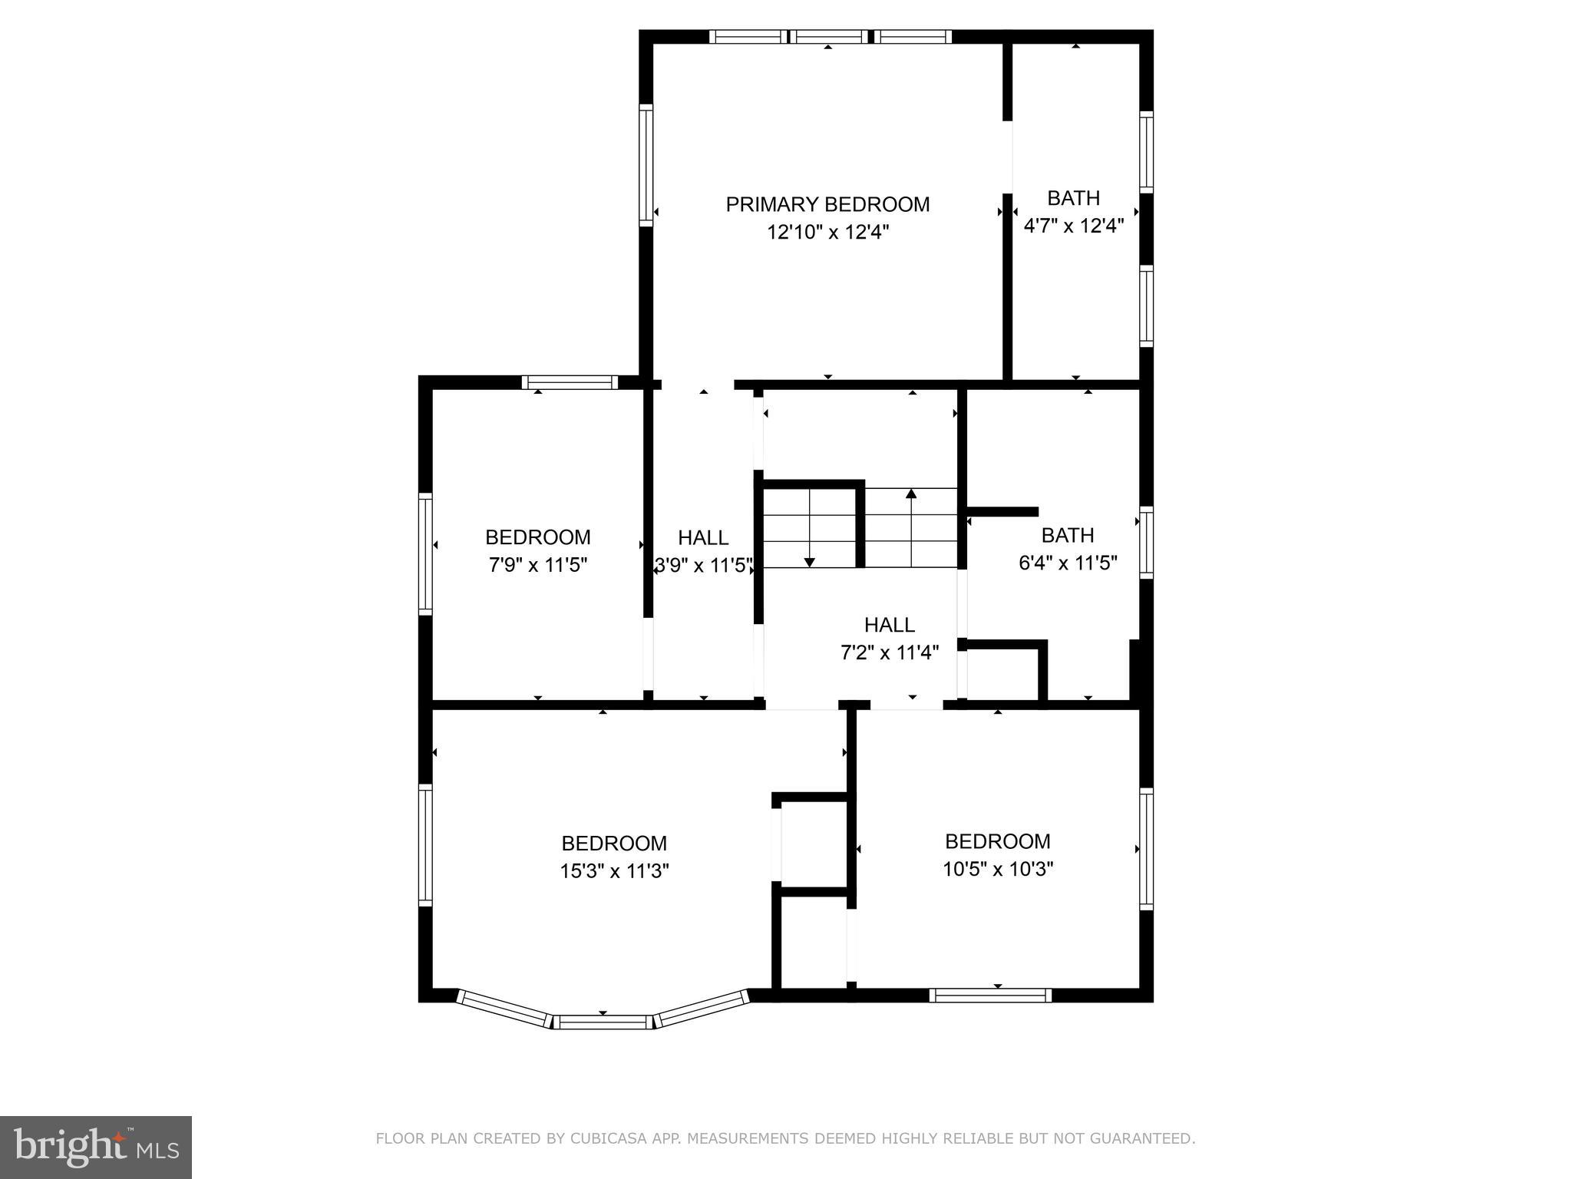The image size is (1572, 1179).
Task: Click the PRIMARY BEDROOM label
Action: click(x=827, y=204)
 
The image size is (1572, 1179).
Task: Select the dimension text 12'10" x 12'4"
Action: click(x=827, y=232)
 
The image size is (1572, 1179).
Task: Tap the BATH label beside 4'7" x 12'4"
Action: click(x=1073, y=198)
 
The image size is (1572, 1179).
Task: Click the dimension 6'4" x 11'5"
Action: click(x=1067, y=563)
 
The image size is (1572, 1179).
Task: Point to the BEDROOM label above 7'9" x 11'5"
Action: click(x=537, y=537)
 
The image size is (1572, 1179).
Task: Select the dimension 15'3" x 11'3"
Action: click(x=614, y=870)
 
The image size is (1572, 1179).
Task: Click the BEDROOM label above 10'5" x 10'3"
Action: click(x=997, y=841)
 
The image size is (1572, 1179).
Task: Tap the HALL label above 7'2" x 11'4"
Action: click(x=889, y=624)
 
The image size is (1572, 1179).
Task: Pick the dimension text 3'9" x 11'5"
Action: click(x=703, y=566)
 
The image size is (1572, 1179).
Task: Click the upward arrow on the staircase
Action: click(x=911, y=494)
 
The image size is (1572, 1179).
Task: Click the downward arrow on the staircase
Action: click(x=809, y=562)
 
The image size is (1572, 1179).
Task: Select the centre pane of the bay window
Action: click(x=603, y=1022)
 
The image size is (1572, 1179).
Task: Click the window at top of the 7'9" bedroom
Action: click(x=570, y=382)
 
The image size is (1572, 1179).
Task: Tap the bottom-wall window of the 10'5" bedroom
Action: click(x=990, y=996)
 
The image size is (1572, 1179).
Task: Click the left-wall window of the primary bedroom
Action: click(x=646, y=165)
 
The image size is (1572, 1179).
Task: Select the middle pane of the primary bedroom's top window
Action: click(x=829, y=36)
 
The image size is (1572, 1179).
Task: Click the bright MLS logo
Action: click(x=96, y=1147)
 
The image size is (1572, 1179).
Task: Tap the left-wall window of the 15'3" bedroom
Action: click(x=424, y=844)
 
